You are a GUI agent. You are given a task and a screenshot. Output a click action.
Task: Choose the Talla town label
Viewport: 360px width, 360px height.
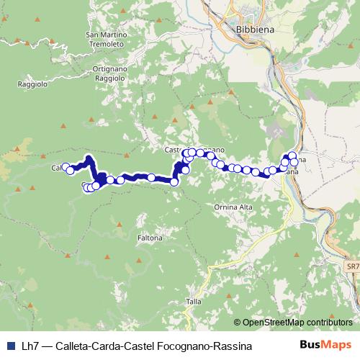(x=194, y=301)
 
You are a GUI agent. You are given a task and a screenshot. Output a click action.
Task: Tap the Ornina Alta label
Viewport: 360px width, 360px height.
(x=233, y=207)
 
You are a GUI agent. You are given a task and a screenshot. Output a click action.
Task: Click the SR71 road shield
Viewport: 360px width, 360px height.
(x=352, y=267)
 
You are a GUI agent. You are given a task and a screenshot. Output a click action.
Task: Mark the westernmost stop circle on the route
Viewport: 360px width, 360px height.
(x=66, y=167)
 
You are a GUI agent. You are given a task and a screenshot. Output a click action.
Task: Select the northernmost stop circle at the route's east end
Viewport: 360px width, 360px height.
(x=292, y=155)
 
